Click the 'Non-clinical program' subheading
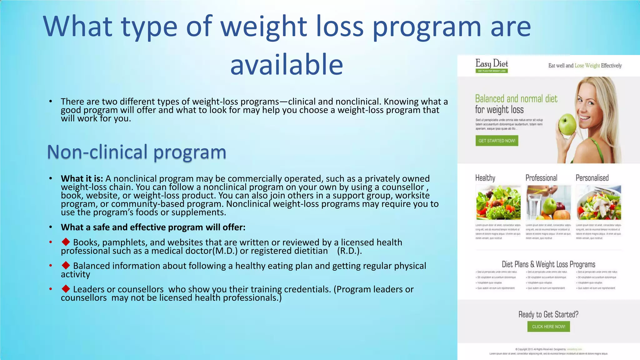click(137, 152)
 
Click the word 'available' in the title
click(287, 64)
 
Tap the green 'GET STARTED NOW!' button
click(497, 141)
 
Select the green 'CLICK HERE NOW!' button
click(548, 327)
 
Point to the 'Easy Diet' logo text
click(492, 63)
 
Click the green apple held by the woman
click(567, 124)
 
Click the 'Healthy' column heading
click(485, 178)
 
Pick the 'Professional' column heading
click(541, 178)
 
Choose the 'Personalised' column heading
click(592, 178)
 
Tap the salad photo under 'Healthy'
click(498, 202)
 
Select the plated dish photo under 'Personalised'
click(598, 202)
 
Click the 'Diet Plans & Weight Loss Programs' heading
click(548, 264)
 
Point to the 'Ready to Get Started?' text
click(548, 314)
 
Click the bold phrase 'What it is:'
click(82, 179)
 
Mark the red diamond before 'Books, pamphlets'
click(66, 242)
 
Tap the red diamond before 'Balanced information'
click(66, 265)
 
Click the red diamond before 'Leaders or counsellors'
click(66, 288)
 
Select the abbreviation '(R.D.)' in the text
click(349, 251)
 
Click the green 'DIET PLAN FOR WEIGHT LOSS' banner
click(492, 71)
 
